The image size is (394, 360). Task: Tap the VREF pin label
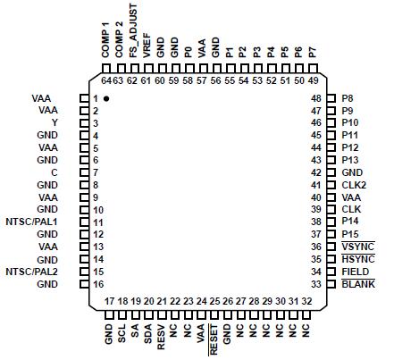pyautogui.click(x=147, y=45)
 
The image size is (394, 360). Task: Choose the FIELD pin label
pyautogui.click(x=355, y=271)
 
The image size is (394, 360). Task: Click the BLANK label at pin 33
pyautogui.click(x=357, y=283)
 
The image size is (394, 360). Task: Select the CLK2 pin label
pyautogui.click(x=354, y=184)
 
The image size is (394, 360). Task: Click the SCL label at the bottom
pyautogui.click(x=122, y=337)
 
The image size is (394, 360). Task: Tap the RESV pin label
pyautogui.click(x=161, y=339)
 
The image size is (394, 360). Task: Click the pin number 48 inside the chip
pyautogui.click(x=315, y=97)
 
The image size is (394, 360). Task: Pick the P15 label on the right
pyautogui.click(x=350, y=233)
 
